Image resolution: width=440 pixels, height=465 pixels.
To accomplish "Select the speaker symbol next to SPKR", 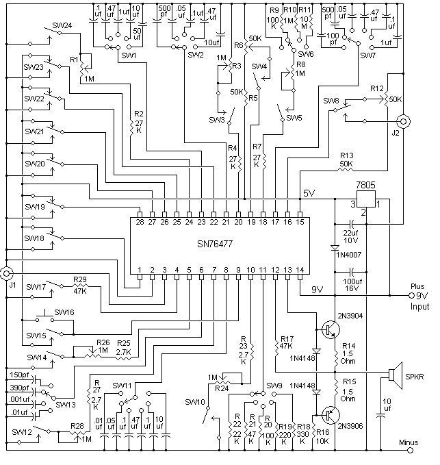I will [393, 375].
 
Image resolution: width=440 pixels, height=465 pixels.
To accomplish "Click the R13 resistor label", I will [345, 155].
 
